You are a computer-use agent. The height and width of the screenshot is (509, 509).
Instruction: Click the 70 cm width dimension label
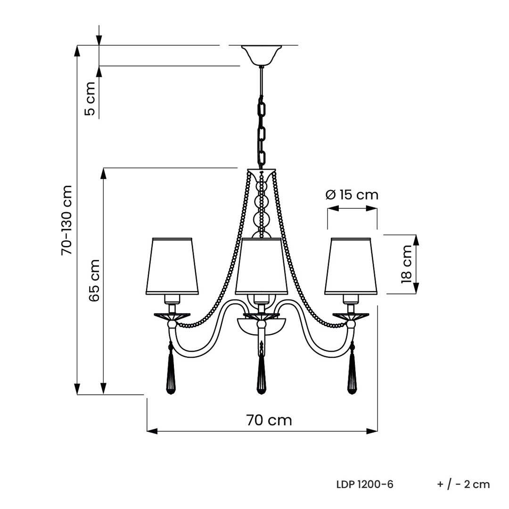click(269, 420)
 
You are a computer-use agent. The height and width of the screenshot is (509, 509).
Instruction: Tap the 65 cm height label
click(94, 280)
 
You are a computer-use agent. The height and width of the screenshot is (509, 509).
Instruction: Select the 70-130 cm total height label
click(66, 220)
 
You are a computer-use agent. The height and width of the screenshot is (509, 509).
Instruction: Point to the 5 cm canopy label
click(90, 99)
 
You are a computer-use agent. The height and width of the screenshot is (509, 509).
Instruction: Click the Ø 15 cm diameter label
click(352, 195)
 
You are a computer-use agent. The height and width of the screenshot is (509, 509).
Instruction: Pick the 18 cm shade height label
click(406, 264)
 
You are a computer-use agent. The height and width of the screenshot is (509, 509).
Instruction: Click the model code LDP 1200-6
click(365, 484)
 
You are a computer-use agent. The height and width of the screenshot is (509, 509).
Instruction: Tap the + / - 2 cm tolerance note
click(463, 484)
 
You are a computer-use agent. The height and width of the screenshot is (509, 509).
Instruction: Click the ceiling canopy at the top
click(262, 55)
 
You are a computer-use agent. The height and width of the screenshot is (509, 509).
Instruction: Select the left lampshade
click(172, 266)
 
